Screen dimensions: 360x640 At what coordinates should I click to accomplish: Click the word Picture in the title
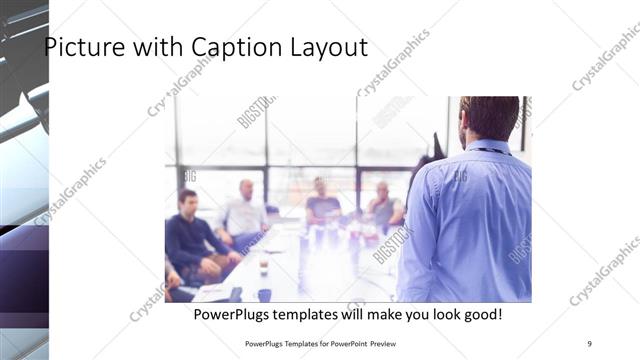click(79, 48)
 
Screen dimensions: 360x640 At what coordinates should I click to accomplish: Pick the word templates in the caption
click(315, 315)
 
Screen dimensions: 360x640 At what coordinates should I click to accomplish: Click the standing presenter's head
click(490, 117)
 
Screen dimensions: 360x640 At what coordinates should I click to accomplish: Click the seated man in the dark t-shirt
click(322, 204)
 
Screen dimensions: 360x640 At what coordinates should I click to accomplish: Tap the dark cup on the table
click(264, 294)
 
